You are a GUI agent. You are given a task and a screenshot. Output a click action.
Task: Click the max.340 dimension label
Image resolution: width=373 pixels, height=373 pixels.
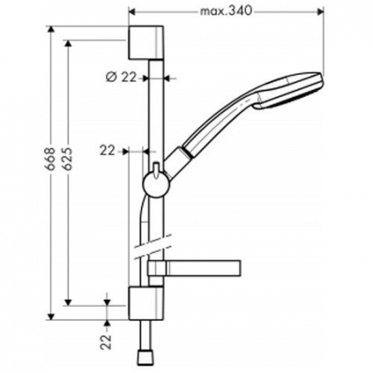pyautogui.click(x=226, y=12)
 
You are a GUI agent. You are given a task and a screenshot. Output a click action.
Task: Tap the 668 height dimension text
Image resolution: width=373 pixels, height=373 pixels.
pyautogui.click(x=51, y=158)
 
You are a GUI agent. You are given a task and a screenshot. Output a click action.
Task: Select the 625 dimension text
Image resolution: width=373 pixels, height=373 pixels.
pyautogui.click(x=67, y=158)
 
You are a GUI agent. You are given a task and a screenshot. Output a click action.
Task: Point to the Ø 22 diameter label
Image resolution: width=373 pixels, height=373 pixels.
pyautogui.click(x=121, y=78)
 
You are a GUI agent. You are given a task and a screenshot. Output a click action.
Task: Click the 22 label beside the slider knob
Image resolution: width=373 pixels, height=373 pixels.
pyautogui.click(x=107, y=151)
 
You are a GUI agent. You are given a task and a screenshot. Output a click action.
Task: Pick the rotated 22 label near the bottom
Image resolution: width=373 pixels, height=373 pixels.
pyautogui.click(x=106, y=342)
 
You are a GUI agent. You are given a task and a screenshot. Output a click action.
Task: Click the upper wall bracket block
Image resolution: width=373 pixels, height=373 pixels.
pyautogui.click(x=146, y=42)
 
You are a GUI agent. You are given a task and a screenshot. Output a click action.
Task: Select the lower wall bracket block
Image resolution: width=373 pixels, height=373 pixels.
pyautogui.click(x=146, y=303)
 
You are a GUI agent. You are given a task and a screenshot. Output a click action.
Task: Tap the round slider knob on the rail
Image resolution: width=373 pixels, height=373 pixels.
pyautogui.click(x=155, y=185)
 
